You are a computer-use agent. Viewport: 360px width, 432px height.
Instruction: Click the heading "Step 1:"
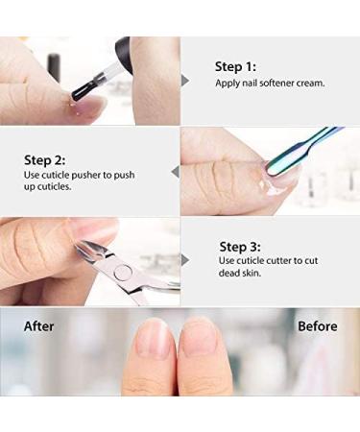point(235,67)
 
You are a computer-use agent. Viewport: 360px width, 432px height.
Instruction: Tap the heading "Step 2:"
point(45,160)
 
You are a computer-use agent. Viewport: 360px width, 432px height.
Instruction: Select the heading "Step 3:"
point(240,247)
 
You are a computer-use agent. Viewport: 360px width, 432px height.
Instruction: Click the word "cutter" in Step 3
point(276,261)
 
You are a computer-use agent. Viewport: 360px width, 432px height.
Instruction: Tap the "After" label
point(39,326)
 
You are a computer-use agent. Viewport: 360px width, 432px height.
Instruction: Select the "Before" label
point(318,326)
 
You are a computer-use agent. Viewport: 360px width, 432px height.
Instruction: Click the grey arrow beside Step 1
point(185,81)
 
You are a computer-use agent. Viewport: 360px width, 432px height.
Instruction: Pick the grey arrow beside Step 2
point(175,172)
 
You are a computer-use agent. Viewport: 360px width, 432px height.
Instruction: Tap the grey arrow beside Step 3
point(185,260)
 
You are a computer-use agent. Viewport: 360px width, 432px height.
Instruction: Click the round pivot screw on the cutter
point(123,272)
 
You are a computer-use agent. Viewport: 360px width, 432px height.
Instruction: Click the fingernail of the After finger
point(153,339)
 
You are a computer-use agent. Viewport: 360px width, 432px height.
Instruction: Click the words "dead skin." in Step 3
point(240,274)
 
